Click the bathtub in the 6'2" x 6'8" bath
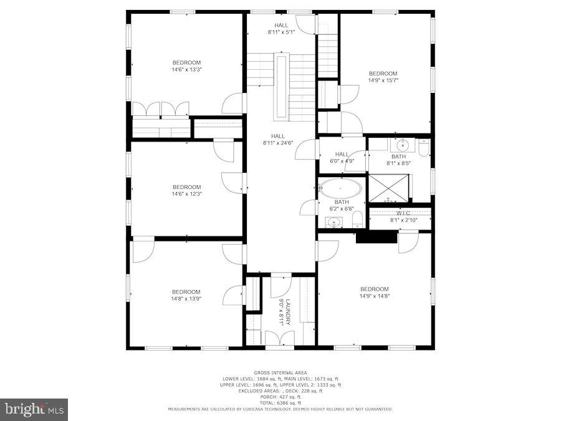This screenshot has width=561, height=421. (341, 188)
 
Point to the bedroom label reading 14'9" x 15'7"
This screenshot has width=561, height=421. (383, 77)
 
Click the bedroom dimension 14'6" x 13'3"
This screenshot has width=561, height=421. (186, 69)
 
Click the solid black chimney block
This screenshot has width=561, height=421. (376, 237)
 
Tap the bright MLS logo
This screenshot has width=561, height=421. (34, 410)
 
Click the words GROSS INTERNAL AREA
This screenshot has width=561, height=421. (280, 372)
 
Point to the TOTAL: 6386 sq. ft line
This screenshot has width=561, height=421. (280, 403)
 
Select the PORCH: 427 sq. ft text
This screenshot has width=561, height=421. (280, 397)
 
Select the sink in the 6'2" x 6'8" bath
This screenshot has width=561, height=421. (330, 221)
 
